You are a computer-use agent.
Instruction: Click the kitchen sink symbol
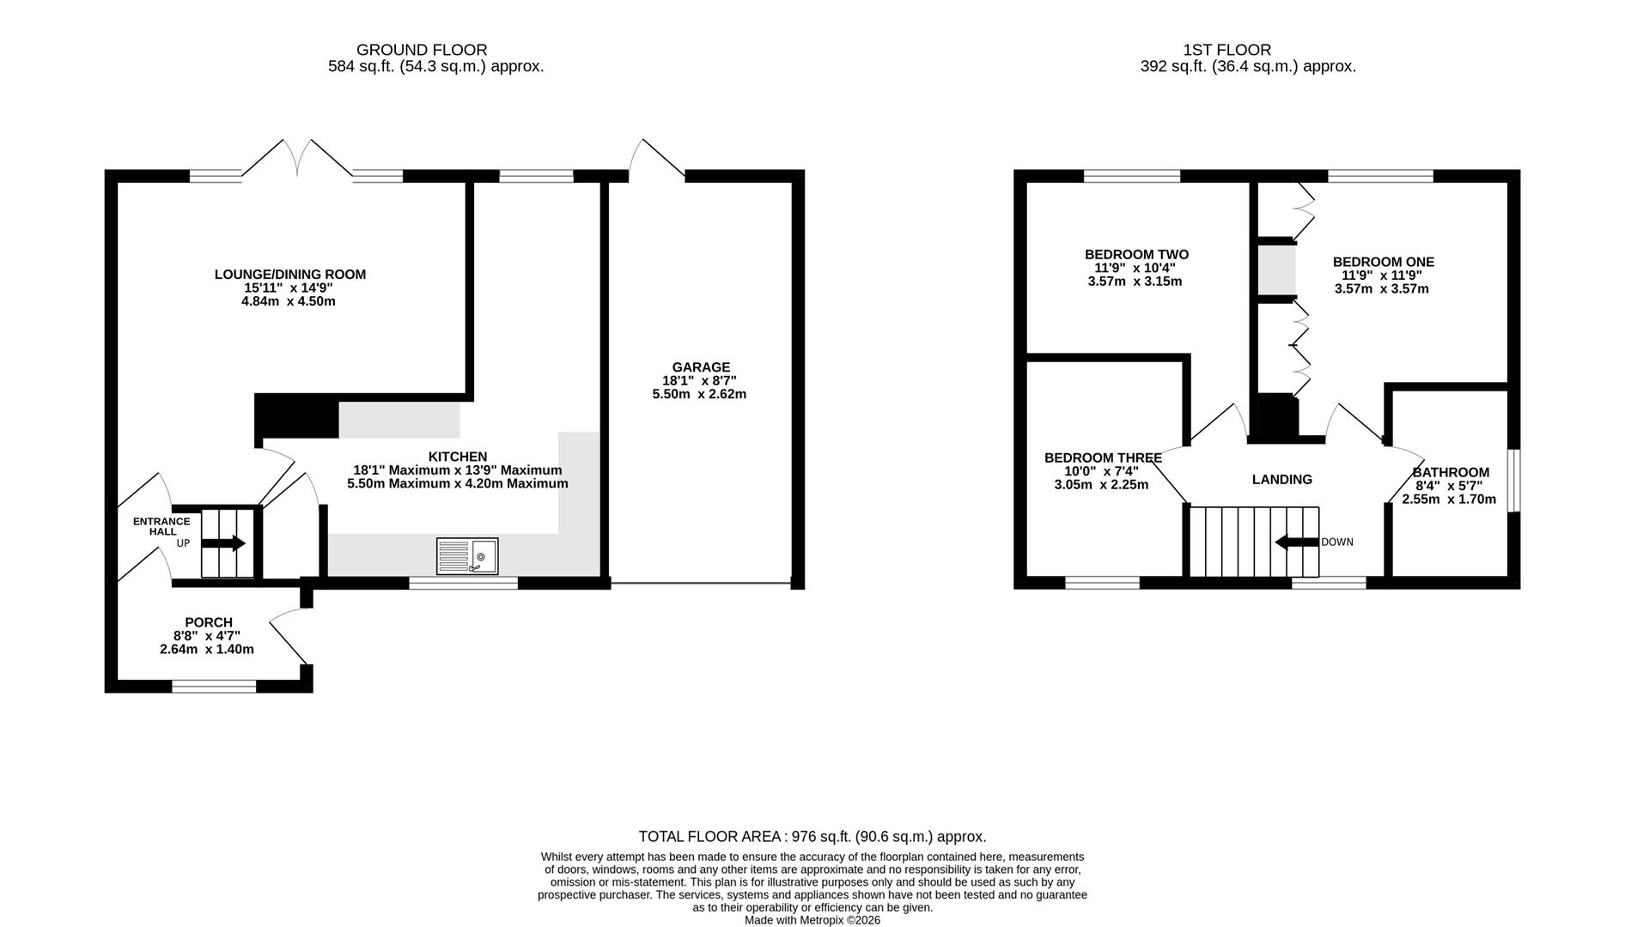467,556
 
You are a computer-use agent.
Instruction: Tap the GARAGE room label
701,367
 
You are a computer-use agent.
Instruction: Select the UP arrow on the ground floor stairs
223,543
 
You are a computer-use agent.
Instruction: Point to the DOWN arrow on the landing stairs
1296,542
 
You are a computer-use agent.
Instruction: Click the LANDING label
1282,480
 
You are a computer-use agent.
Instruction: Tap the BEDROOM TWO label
1136,254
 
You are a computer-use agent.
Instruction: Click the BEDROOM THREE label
1103,457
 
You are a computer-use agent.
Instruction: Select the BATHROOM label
1451,472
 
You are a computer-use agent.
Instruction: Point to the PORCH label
209,622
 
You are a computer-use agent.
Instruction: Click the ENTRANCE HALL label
161,526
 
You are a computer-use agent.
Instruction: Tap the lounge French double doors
297,159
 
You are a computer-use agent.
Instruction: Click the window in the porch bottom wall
214,686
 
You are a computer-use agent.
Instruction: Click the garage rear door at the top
657,159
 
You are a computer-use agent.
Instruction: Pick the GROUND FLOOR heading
422,50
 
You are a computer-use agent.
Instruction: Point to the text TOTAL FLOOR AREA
709,836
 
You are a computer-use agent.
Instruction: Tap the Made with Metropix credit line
812,920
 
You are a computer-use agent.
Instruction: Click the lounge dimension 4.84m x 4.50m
289,301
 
